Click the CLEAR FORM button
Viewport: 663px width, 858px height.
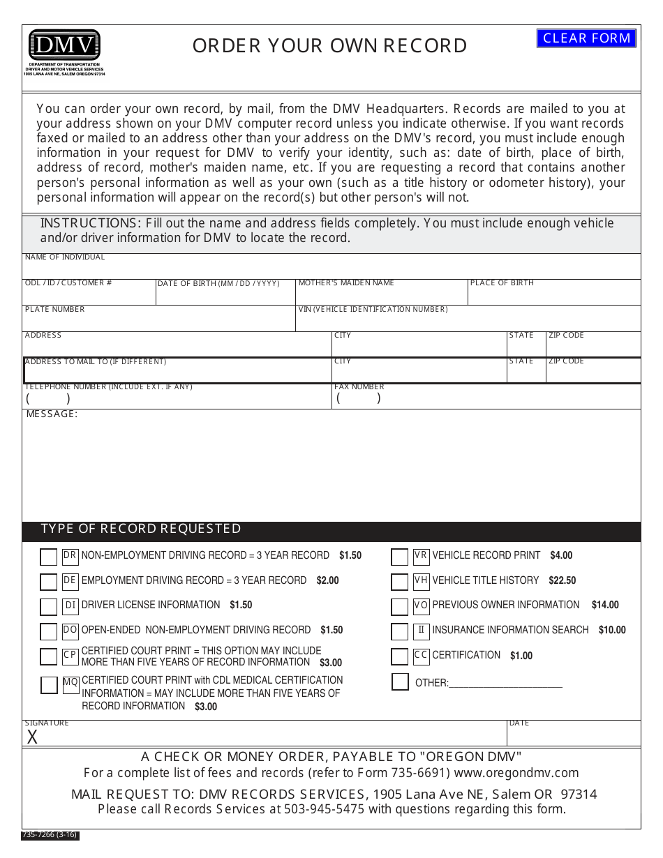(x=586, y=38)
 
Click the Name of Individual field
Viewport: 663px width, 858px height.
(x=331, y=270)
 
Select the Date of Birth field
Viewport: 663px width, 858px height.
(x=225, y=296)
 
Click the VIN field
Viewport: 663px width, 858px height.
(x=468, y=322)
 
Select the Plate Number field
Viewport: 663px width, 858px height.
(x=158, y=322)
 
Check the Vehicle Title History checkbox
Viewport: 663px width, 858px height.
(x=399, y=582)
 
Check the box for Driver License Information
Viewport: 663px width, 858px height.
(x=48, y=607)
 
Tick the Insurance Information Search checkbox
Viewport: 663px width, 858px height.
(x=399, y=632)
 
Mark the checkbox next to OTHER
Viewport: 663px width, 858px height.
(x=400, y=682)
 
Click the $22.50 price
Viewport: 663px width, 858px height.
(x=563, y=581)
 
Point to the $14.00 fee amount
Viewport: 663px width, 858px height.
(x=605, y=605)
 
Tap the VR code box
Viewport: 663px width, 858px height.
(x=421, y=556)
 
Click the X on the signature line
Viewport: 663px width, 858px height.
(x=32, y=737)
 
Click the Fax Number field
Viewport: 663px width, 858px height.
(x=486, y=399)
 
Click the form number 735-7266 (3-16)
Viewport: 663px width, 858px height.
(x=50, y=835)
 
